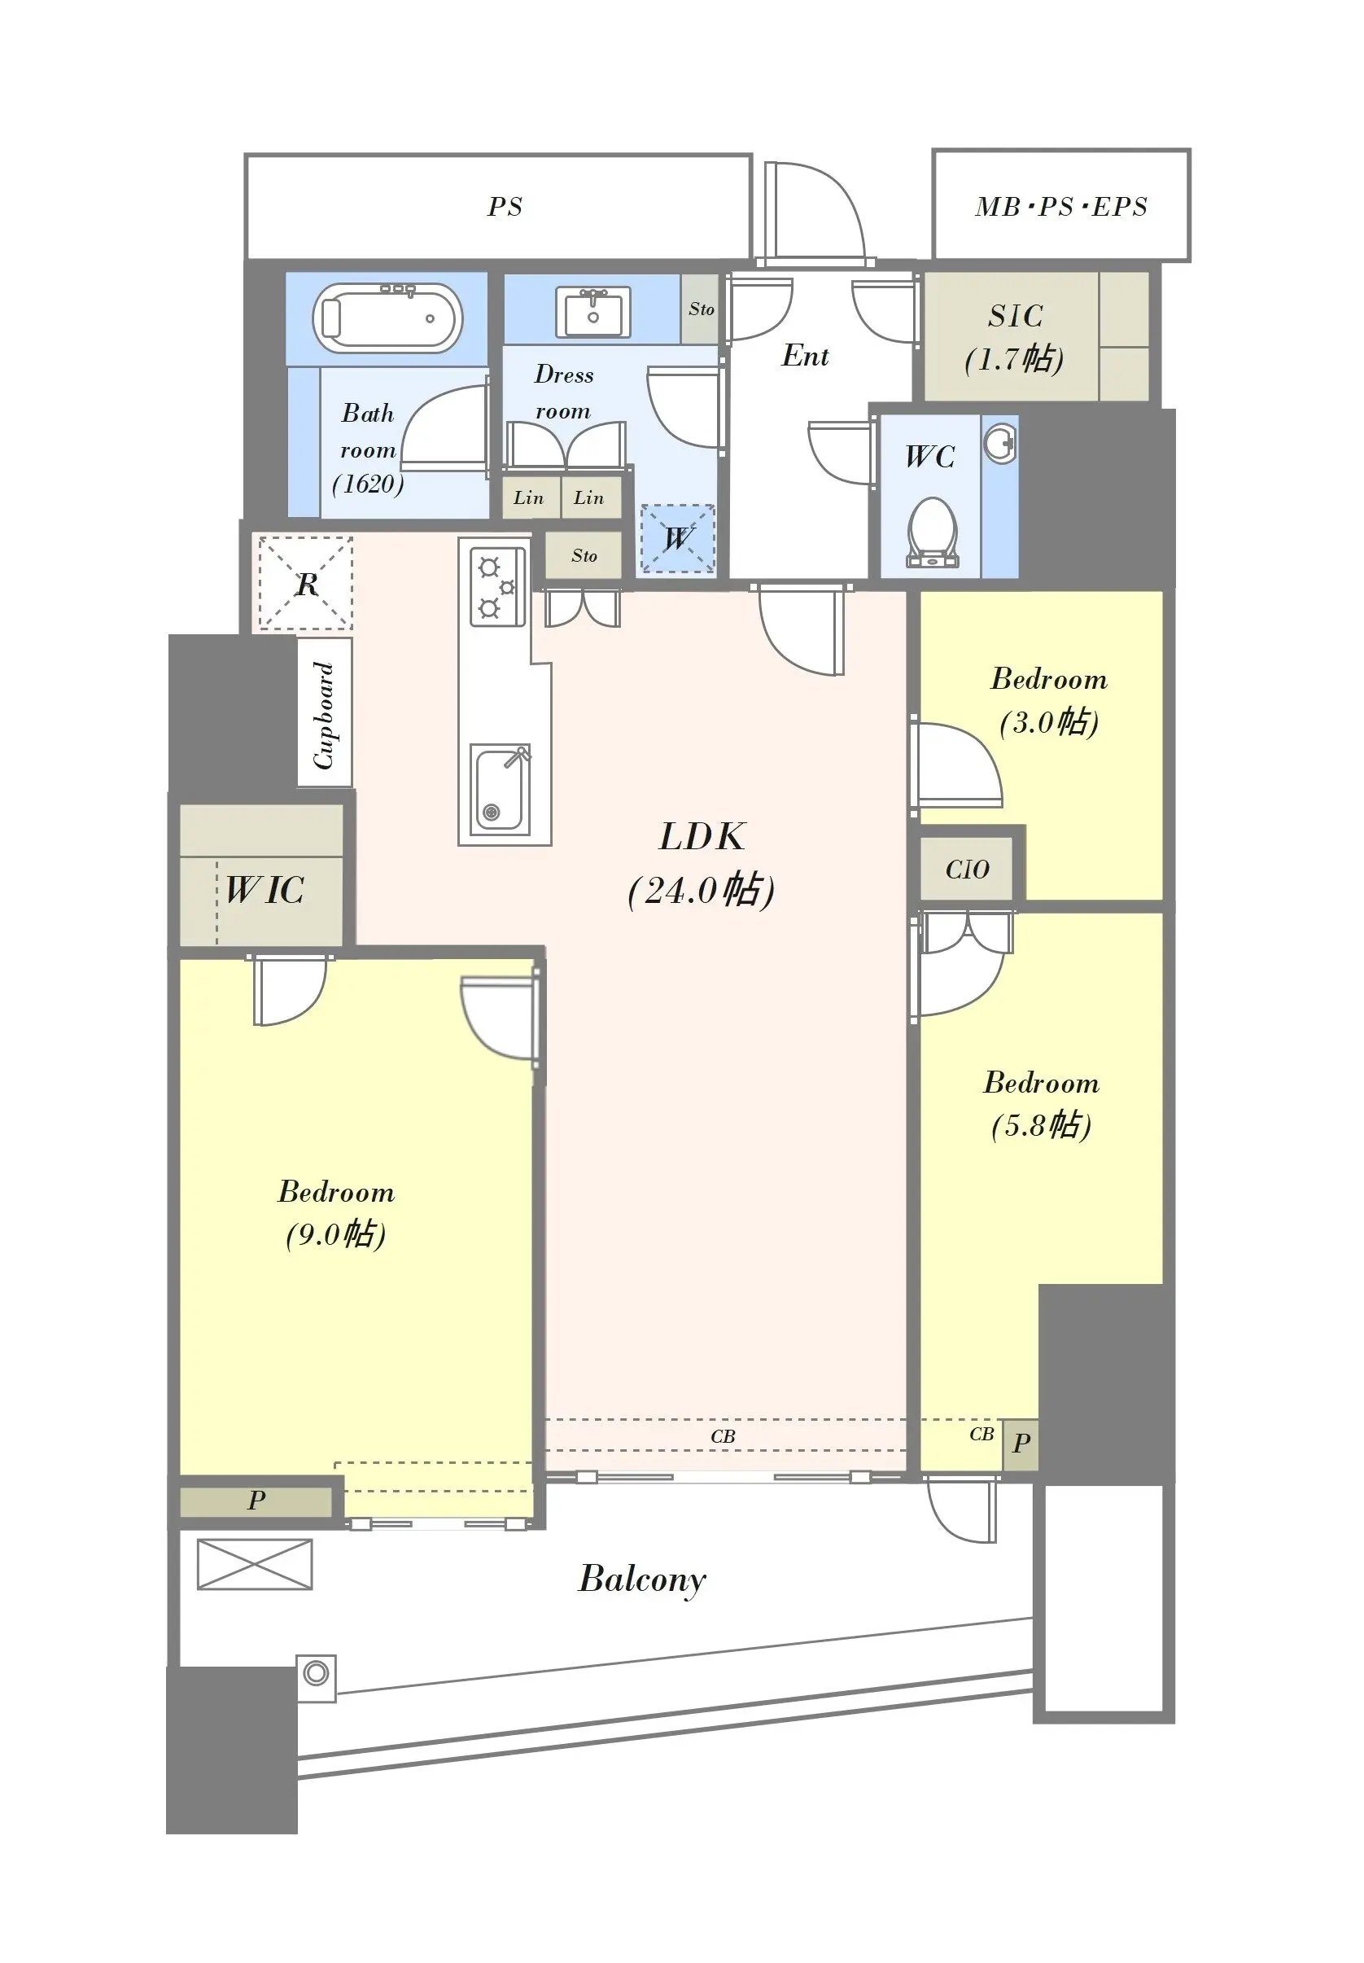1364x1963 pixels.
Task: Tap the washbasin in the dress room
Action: pyautogui.click(x=593, y=312)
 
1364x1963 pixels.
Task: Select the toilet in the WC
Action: pyautogui.click(x=932, y=532)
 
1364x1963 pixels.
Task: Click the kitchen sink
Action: pyautogui.click(x=500, y=790)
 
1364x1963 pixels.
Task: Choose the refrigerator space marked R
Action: pyautogui.click(x=305, y=583)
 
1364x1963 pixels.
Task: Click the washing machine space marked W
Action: pyautogui.click(x=677, y=538)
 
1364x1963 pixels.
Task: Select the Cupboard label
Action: pyautogui.click(x=324, y=715)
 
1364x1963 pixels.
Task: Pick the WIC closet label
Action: pyautogui.click(x=264, y=890)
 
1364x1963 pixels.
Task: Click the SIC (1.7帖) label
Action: pyautogui.click(x=1016, y=338)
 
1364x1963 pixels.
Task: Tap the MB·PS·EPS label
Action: pyautogui.click(x=1061, y=207)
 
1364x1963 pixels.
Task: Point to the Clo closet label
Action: pyautogui.click(x=968, y=870)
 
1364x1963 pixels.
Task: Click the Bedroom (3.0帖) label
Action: pyautogui.click(x=1050, y=700)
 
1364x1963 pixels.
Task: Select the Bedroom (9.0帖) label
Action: pyautogui.click(x=337, y=1212)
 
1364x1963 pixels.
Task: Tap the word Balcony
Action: pyautogui.click(x=643, y=1580)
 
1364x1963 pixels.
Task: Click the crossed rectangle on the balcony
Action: pyautogui.click(x=255, y=1565)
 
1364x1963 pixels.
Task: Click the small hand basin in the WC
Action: pyautogui.click(x=999, y=442)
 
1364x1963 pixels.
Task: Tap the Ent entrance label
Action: pyautogui.click(x=805, y=356)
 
